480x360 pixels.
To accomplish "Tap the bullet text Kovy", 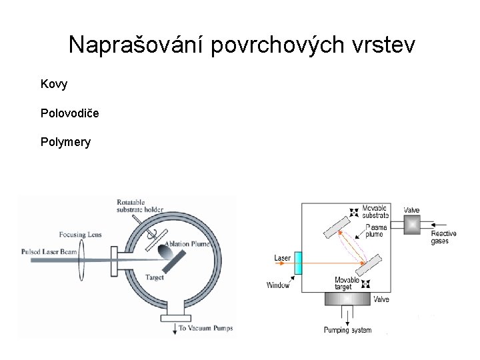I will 54,85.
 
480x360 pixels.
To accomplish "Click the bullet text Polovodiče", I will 70,113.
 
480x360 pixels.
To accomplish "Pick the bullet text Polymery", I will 65,142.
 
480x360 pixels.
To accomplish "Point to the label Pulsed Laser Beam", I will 51,252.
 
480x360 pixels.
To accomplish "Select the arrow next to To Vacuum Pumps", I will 175,327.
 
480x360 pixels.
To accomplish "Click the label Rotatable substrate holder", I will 139,206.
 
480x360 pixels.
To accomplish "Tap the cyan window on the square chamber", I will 298,262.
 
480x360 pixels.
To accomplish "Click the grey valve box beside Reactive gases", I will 413,225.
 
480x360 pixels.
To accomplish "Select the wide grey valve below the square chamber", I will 348,299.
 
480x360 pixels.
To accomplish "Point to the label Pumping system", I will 347,331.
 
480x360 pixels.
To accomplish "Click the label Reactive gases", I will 443,237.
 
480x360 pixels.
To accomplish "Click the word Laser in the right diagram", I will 282,258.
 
